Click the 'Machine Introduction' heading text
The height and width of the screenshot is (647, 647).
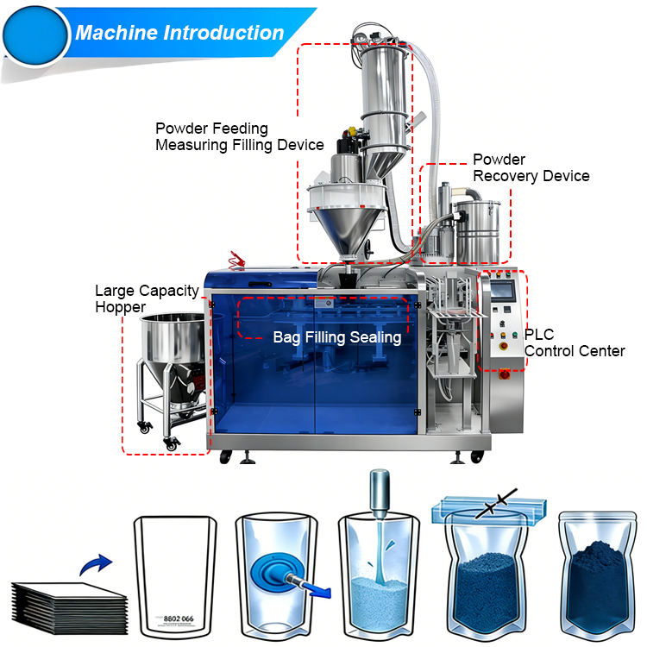[x=179, y=34]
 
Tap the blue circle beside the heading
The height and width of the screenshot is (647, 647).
[x=35, y=35]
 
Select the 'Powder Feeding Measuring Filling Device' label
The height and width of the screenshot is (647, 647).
[x=239, y=137]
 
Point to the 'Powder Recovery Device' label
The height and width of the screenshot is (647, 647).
[x=531, y=167]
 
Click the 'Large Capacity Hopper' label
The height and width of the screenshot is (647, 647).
[x=146, y=298]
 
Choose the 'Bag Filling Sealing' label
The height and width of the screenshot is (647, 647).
[x=336, y=337]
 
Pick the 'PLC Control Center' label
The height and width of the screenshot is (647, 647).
[x=574, y=342]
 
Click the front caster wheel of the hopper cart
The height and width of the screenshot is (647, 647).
[x=172, y=443]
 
